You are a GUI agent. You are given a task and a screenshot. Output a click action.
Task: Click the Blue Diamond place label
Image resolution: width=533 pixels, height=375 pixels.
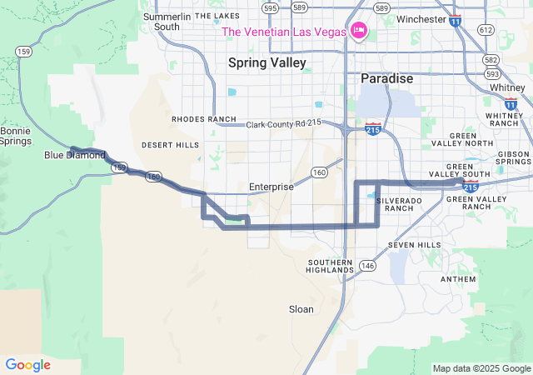click(75, 155)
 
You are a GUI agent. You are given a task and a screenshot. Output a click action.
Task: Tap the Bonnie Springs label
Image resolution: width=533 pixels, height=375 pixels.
click(16, 136)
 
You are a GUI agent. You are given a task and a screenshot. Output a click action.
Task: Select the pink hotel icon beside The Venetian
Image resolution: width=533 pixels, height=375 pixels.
click(359, 31)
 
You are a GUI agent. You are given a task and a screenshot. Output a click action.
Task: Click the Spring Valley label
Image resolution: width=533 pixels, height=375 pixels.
click(267, 62)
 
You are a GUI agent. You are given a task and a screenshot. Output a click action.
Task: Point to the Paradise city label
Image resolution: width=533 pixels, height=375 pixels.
click(386, 78)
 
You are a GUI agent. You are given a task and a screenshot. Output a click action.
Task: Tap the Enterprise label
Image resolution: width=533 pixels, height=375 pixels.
click(271, 187)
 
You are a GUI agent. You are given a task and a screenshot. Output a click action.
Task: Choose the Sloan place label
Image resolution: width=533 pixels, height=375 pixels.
click(301, 309)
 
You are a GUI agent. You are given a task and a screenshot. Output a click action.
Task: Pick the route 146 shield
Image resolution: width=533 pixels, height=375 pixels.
click(368, 265)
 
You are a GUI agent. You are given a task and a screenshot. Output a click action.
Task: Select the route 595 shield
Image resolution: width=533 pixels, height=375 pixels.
click(269, 7)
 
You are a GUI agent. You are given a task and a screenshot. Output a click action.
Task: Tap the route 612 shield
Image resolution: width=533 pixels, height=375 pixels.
click(486, 29)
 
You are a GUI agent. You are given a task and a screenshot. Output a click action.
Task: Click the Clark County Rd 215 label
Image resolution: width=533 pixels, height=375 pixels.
click(284, 124)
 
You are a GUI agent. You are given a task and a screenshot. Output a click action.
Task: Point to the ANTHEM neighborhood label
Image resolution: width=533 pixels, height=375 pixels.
click(458, 279)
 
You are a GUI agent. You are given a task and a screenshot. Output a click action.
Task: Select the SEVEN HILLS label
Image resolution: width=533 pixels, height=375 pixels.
click(414, 245)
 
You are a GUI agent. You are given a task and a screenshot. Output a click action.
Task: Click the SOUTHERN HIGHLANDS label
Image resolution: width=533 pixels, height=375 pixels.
click(331, 266)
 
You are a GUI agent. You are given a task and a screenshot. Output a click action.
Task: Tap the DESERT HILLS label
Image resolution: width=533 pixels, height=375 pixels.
click(170, 145)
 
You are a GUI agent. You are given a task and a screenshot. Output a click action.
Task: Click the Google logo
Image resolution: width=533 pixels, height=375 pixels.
click(27, 365)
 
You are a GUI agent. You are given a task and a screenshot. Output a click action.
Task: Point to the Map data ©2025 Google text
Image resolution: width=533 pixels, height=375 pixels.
click(481, 368)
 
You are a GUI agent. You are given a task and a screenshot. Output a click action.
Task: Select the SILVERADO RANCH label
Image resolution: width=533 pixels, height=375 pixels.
click(394, 204)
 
